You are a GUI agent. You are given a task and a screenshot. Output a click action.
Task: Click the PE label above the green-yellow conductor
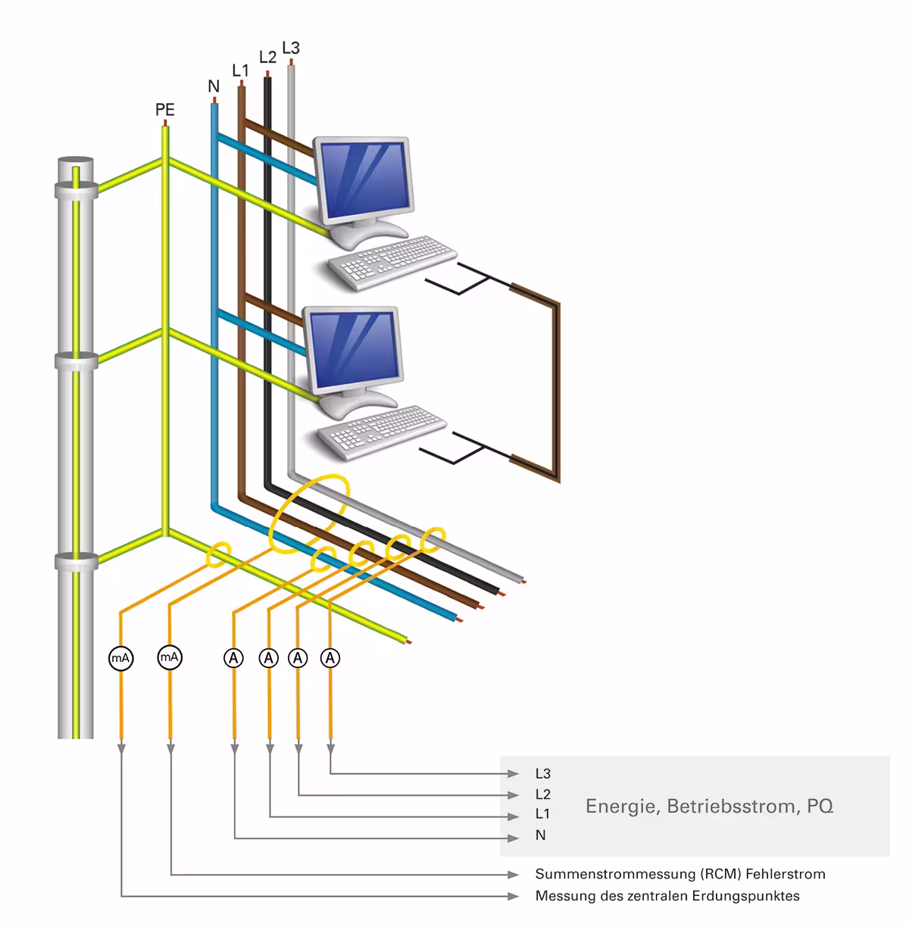click(165, 110)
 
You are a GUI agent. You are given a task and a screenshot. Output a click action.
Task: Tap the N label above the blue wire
click(214, 87)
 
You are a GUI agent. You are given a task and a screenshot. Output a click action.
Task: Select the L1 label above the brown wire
click(240, 70)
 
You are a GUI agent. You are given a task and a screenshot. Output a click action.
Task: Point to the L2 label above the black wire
click(267, 57)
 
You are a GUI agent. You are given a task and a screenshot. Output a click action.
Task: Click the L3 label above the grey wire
click(291, 48)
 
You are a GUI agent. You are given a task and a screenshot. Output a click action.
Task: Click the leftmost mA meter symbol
click(121, 658)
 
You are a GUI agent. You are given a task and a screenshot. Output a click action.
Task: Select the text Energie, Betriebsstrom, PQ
click(709, 806)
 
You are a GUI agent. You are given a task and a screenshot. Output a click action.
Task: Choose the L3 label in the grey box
click(542, 774)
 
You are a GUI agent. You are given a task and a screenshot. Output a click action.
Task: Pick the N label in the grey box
click(540, 835)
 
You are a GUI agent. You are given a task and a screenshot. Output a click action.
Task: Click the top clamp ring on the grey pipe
click(76, 189)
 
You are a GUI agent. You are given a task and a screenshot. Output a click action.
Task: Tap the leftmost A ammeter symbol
click(234, 658)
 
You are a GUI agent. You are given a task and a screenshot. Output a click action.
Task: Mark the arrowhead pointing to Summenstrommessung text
click(514, 875)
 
